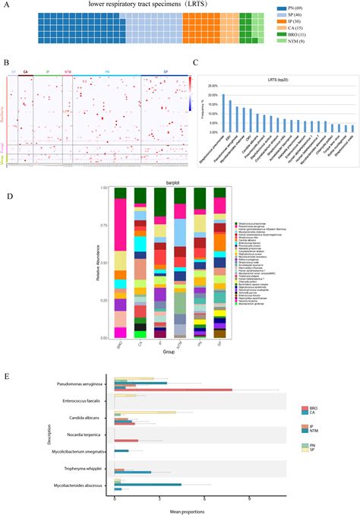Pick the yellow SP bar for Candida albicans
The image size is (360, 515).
145,412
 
